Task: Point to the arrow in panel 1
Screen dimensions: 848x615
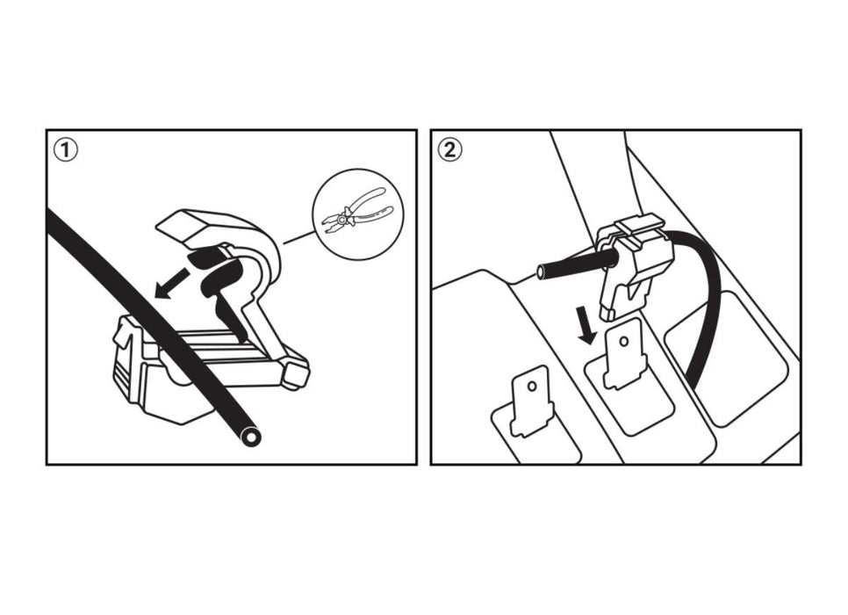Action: (x=173, y=283)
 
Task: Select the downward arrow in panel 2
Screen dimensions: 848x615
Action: (x=587, y=324)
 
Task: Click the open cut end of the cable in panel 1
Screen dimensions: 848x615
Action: (x=251, y=437)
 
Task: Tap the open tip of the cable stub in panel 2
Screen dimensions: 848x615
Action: (x=541, y=271)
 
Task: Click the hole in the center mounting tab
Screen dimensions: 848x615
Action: (x=624, y=342)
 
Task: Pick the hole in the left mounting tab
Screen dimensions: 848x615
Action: (x=532, y=387)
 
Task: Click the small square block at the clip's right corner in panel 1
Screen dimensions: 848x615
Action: (x=297, y=374)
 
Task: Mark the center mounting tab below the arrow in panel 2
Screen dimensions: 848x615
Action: (x=625, y=353)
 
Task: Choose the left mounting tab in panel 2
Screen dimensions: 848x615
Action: (x=532, y=400)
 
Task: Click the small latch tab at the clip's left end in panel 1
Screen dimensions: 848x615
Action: (x=123, y=334)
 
